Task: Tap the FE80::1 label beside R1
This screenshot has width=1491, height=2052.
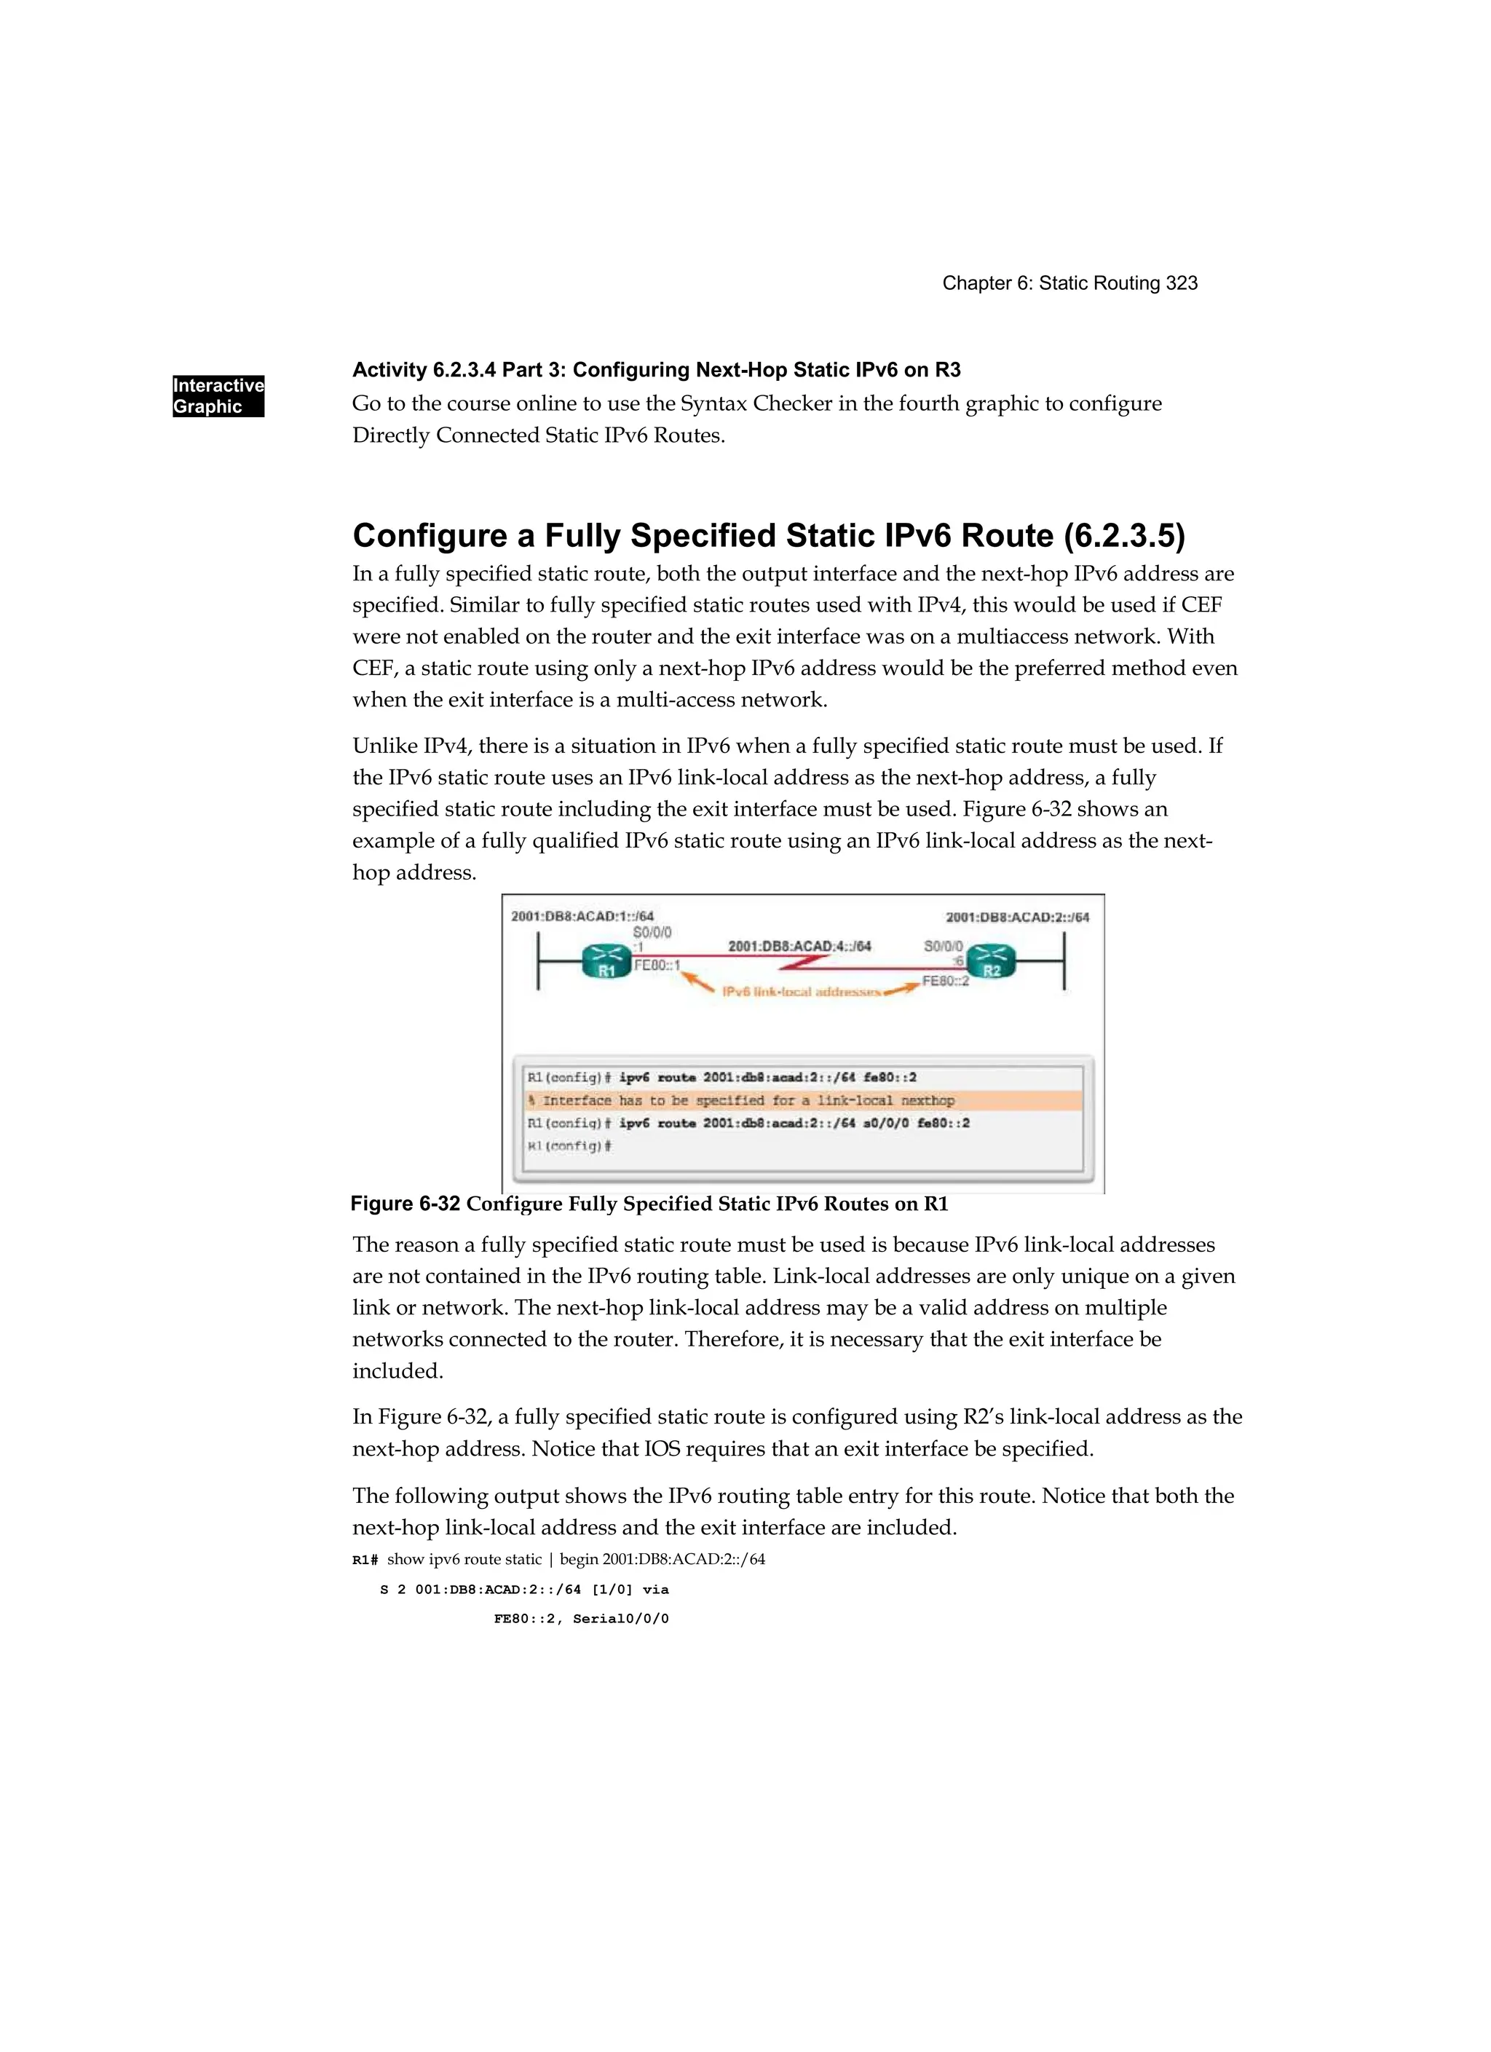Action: [x=657, y=966]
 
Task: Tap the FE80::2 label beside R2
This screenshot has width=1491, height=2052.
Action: [x=946, y=981]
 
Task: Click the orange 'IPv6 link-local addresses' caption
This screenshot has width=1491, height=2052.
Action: [x=801, y=993]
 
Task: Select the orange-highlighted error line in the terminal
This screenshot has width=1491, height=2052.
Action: [x=802, y=1100]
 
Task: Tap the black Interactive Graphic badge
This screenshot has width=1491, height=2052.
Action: [x=218, y=396]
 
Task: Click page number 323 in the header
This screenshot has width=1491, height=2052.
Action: [x=1182, y=283]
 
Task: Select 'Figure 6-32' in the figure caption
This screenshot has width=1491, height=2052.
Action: [x=406, y=1204]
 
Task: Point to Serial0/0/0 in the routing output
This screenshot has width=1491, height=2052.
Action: [x=621, y=1619]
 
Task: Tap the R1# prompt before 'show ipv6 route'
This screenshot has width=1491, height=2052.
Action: [x=365, y=1560]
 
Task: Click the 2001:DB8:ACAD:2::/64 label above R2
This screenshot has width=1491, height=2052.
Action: [x=1017, y=918]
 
